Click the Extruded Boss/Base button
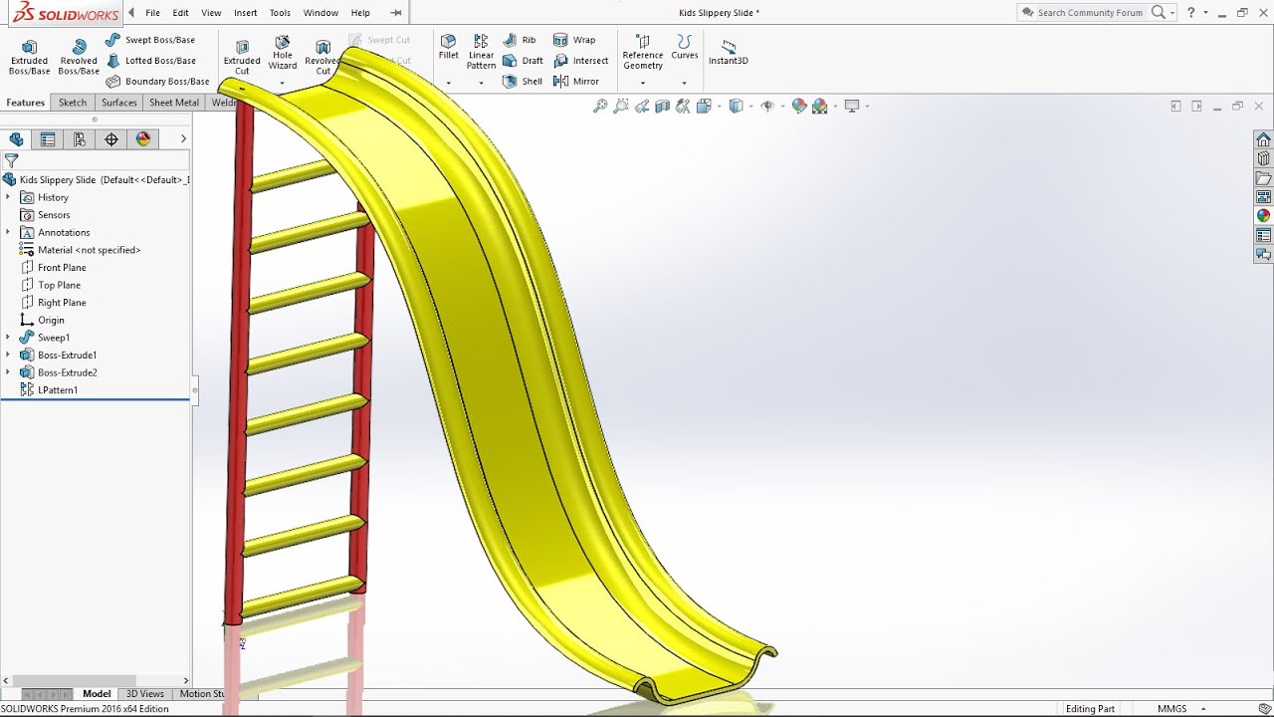click(x=29, y=57)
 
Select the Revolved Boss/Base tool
click(x=79, y=57)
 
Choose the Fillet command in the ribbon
click(x=449, y=47)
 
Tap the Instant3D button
click(x=729, y=52)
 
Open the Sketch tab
click(x=73, y=103)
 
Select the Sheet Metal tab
click(x=174, y=103)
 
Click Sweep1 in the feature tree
click(x=54, y=338)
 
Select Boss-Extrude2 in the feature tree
click(x=67, y=372)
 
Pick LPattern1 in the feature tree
click(x=58, y=390)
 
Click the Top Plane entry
click(x=59, y=285)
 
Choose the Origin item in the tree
click(x=51, y=320)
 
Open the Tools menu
click(x=280, y=13)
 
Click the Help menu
click(x=360, y=13)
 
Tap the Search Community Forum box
click(x=1090, y=13)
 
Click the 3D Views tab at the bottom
click(x=145, y=694)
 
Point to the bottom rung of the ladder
click(x=299, y=597)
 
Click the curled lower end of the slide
click(x=707, y=677)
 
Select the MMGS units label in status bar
click(x=1171, y=709)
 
